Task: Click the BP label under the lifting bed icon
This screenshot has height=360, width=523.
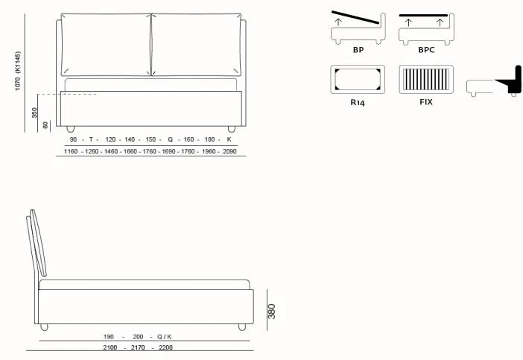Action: click(x=358, y=50)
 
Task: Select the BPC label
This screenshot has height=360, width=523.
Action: click(x=426, y=50)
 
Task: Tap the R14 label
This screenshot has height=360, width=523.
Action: click(x=358, y=102)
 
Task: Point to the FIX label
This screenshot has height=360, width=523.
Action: click(x=426, y=102)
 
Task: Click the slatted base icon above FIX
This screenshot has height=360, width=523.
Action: click(x=426, y=80)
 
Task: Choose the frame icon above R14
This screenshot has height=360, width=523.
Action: click(x=358, y=80)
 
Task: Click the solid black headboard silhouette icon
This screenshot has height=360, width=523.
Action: click(x=510, y=80)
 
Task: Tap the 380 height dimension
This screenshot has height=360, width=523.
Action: click(x=272, y=312)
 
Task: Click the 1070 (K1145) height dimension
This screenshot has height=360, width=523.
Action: click(x=17, y=71)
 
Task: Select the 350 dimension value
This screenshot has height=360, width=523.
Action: click(x=35, y=113)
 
